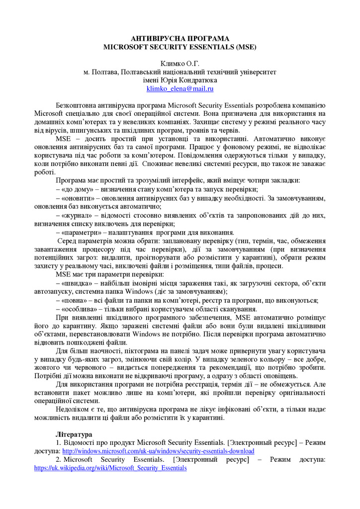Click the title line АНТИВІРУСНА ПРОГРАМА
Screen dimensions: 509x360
click(x=180, y=39)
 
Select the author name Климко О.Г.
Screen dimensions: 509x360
click(x=180, y=64)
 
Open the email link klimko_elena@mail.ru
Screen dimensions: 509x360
click(x=180, y=88)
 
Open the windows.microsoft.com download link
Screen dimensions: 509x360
click(x=158, y=451)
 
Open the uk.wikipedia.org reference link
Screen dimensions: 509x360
click(x=110, y=468)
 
